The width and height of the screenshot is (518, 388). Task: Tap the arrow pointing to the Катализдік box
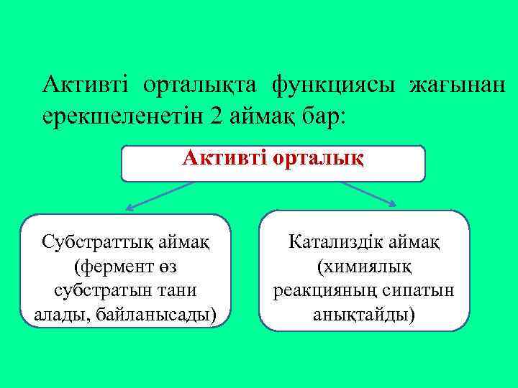367,194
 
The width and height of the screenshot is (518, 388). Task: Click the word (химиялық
364,267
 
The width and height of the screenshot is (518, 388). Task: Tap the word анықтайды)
364,315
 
